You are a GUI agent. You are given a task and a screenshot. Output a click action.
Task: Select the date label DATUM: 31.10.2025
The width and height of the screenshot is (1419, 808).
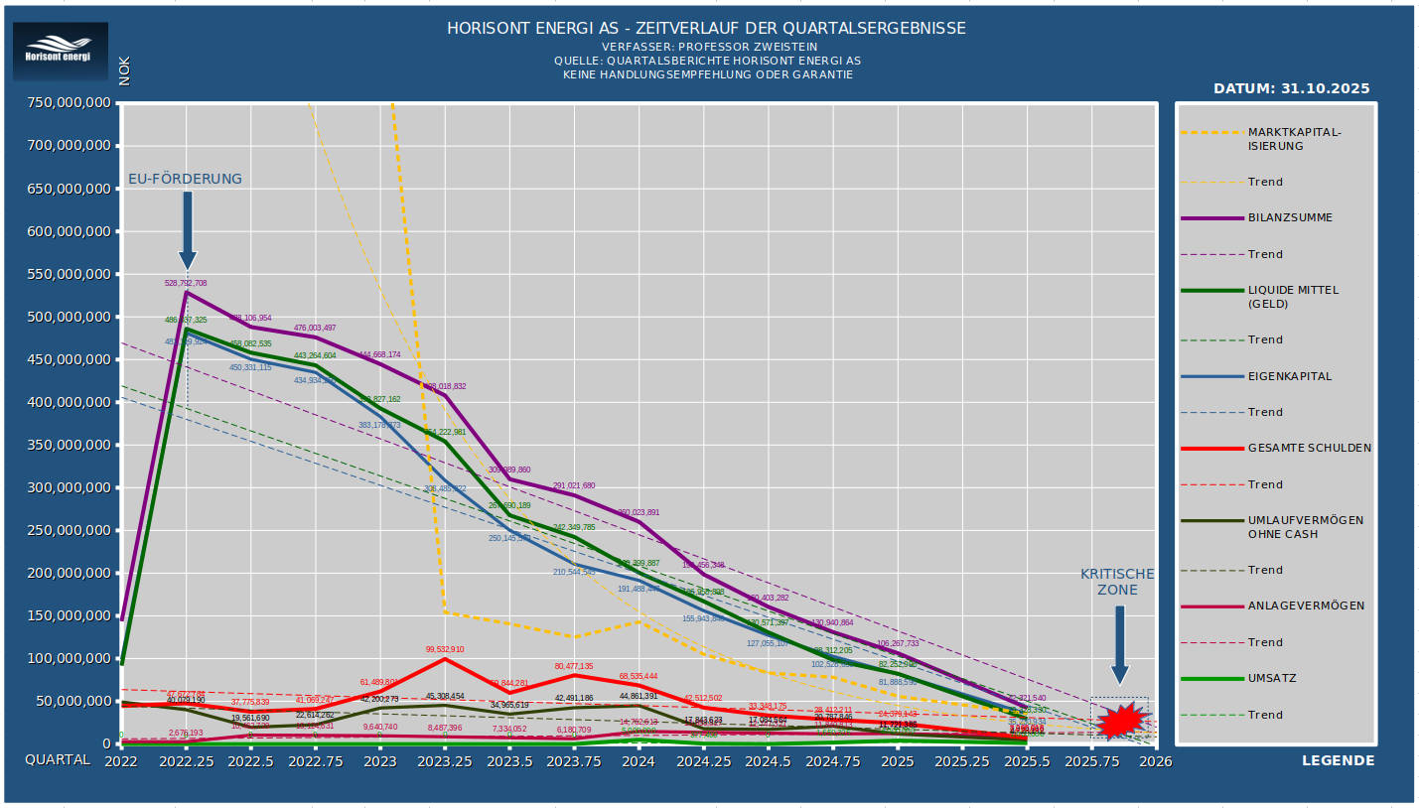pyautogui.click(x=1291, y=88)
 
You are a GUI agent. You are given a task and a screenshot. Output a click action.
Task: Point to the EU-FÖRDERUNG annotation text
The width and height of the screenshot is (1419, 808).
pyautogui.click(x=185, y=179)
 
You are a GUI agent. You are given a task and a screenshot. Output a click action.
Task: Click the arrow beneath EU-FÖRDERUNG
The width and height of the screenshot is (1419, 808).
pyautogui.click(x=187, y=229)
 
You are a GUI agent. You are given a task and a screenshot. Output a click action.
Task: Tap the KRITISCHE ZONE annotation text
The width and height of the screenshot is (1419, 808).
pyautogui.click(x=1117, y=582)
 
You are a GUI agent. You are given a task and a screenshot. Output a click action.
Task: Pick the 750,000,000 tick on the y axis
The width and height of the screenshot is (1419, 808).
pyautogui.click(x=70, y=103)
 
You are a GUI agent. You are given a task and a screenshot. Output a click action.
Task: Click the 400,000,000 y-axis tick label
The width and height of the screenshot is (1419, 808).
pyautogui.click(x=70, y=402)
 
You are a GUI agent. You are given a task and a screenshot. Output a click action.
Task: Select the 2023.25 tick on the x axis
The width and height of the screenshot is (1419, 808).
pyautogui.click(x=444, y=761)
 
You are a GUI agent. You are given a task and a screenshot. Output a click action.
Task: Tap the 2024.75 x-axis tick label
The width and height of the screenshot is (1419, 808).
pyautogui.click(x=832, y=761)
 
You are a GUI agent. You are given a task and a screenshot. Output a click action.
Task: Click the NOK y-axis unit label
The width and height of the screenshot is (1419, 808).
pyautogui.click(x=124, y=71)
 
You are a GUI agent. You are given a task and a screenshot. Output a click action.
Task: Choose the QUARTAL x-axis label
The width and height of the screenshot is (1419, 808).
pyautogui.click(x=58, y=760)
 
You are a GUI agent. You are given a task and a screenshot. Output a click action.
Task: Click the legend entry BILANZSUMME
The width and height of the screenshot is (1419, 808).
pyautogui.click(x=1290, y=217)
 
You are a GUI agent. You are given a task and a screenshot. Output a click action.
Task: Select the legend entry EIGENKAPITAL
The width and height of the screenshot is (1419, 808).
pyautogui.click(x=1290, y=376)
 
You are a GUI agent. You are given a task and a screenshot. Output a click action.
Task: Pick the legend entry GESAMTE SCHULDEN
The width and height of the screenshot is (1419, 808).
pyautogui.click(x=1309, y=448)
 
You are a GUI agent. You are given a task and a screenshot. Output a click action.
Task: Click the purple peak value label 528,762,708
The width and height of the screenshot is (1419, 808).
pyautogui.click(x=186, y=283)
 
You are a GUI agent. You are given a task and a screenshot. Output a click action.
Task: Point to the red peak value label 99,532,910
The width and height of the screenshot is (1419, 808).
pyautogui.click(x=445, y=649)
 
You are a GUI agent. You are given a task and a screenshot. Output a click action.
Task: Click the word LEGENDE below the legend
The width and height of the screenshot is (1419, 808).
pyautogui.click(x=1338, y=760)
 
